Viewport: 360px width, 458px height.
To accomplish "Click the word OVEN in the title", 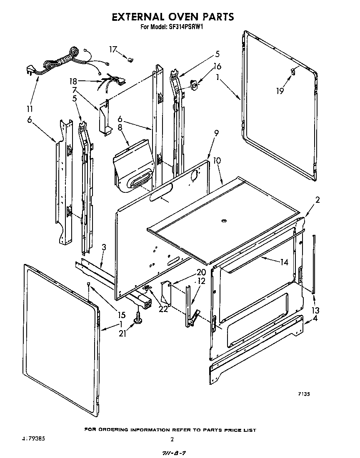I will (180, 17).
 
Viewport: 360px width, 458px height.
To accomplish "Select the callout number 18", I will (73, 81).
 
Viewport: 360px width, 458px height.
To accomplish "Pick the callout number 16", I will (217, 66).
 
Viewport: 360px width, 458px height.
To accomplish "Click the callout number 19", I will (280, 90).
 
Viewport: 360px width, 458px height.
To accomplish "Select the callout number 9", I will (216, 134).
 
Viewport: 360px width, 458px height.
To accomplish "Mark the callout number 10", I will (217, 160).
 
